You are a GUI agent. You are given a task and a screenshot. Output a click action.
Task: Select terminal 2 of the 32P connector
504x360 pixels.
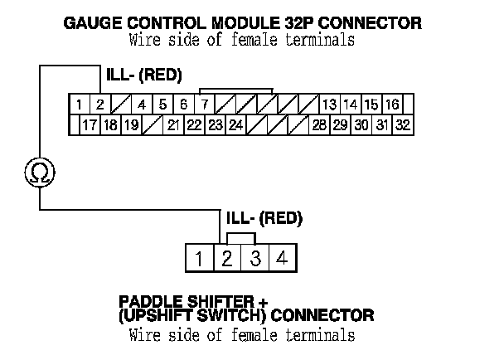(x=99, y=105)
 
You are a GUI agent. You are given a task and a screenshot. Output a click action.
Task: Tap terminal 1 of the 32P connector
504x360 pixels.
(x=77, y=105)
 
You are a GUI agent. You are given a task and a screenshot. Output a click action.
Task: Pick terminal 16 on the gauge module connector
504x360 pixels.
(x=392, y=105)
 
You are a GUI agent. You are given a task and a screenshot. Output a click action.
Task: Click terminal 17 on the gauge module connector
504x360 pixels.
(x=90, y=125)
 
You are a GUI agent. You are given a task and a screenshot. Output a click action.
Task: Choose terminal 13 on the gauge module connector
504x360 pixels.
(x=329, y=105)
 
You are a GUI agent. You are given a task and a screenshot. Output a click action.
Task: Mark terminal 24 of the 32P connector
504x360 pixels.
(x=235, y=125)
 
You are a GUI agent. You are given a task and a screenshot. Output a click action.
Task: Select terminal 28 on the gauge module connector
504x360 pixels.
(x=319, y=125)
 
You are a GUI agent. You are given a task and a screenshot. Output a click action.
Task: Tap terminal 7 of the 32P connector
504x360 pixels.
(x=204, y=105)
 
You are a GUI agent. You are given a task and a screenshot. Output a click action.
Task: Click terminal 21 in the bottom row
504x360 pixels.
(x=173, y=125)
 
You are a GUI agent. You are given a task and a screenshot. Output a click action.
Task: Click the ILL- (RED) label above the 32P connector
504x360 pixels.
(x=143, y=77)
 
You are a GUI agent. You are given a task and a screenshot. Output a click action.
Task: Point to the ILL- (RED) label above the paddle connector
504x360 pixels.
(x=264, y=219)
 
